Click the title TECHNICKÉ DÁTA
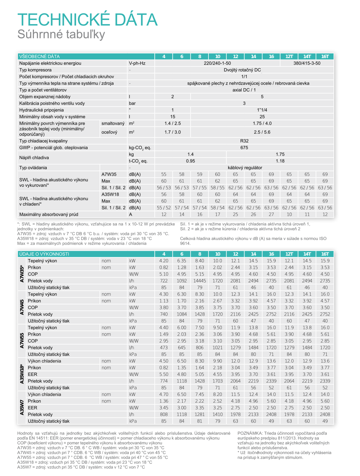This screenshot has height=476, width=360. (x=87, y=20)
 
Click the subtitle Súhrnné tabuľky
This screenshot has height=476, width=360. (x=61, y=34)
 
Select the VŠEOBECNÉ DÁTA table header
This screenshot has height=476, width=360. (x=39, y=57)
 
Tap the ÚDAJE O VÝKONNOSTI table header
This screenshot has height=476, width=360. (x=44, y=254)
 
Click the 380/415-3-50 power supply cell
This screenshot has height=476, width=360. (x=307, y=63)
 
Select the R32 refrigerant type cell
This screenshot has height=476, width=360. (x=244, y=141)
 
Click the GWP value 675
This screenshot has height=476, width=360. (x=244, y=148)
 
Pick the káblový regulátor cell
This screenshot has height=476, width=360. (x=245, y=168)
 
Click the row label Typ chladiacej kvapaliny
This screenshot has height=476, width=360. (x=43, y=141)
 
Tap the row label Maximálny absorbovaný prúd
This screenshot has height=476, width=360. (x=49, y=214)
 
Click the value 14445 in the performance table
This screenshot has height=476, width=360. (x=199, y=281)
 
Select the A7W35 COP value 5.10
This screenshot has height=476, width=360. (x=164, y=274)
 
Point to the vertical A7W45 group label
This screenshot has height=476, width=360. (x=22, y=307)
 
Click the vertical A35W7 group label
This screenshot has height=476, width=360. (x=22, y=408)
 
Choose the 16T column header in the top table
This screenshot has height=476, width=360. (x=325, y=57)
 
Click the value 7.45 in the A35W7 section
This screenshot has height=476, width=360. (x=199, y=394)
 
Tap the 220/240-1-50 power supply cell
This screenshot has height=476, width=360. (x=217, y=63)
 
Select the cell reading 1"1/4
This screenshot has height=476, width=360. (x=262, y=110)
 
